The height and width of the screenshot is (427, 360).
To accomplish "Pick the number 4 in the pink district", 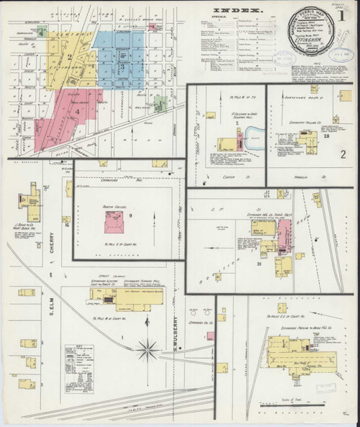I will pos(76,112).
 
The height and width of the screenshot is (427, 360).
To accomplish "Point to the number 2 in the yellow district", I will pos(70,57).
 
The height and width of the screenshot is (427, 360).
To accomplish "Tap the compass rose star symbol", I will pos(148,350).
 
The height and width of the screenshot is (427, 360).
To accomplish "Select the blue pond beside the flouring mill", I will pos(253,136).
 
